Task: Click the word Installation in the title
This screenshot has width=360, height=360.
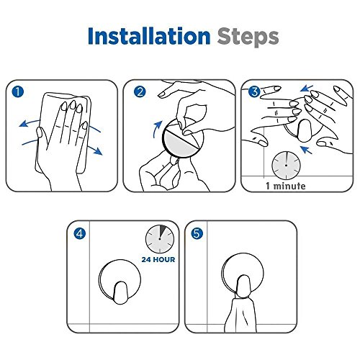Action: coord(149,36)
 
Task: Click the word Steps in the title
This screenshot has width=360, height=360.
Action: coord(248,37)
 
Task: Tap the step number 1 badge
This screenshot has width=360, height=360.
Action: coord(18,91)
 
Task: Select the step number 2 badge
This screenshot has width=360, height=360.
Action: coord(140,91)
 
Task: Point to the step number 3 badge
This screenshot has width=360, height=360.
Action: coord(255,91)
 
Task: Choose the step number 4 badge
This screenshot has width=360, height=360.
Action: coord(80,233)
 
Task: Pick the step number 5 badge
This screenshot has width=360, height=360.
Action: coord(197,233)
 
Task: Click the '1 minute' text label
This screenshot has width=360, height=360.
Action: coord(286,186)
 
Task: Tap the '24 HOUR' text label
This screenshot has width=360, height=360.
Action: coord(158,259)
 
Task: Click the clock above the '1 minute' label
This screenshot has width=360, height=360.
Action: coord(286,166)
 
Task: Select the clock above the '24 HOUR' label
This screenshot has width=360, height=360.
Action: coord(160,239)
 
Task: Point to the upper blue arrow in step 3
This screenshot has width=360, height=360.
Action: coord(307,89)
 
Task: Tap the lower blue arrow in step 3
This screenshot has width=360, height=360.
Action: coord(306,149)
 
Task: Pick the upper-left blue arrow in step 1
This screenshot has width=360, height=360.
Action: coord(30,123)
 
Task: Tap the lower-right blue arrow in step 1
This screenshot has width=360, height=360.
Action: coord(95,150)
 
